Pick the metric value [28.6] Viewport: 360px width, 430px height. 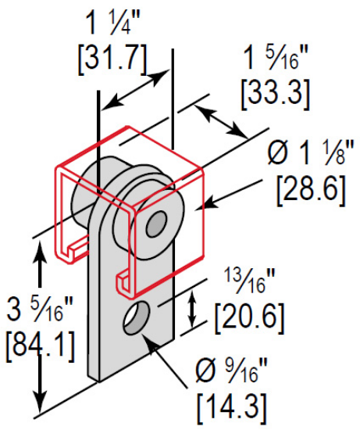pyautogui.click(x=310, y=188)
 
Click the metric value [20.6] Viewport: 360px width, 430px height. pyautogui.click(x=248, y=315)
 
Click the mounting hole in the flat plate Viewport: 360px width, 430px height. pyautogui.click(x=137, y=316)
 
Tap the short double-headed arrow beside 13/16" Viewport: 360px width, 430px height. pyautogui.click(x=193, y=310)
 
